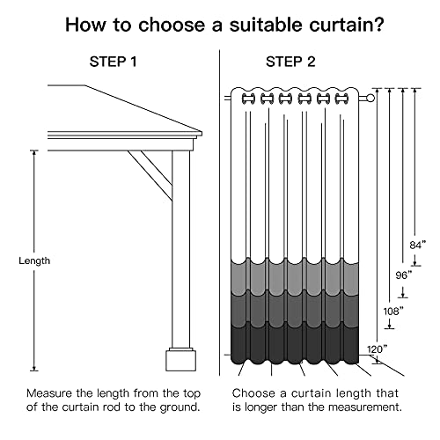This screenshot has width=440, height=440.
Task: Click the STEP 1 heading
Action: click(x=113, y=62)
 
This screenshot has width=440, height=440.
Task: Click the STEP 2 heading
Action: click(x=290, y=62)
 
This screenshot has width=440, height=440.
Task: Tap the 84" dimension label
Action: click(x=417, y=245)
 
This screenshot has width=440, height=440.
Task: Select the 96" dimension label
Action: click(x=404, y=275)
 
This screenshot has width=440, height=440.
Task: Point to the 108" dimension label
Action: click(x=393, y=311)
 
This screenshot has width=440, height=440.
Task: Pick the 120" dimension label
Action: click(x=378, y=349)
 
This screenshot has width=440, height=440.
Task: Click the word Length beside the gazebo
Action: click(x=34, y=260)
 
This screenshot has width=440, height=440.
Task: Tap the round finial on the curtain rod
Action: click(x=370, y=98)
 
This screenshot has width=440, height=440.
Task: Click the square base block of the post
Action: click(x=181, y=360)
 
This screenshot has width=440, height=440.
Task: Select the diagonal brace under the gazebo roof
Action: click(x=150, y=175)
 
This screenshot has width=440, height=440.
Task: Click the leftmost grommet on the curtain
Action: click(x=248, y=99)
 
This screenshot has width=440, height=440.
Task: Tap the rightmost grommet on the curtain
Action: click(x=341, y=99)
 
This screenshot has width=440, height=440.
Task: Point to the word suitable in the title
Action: click(x=266, y=25)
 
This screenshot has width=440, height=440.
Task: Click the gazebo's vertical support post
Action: click(x=181, y=249)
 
